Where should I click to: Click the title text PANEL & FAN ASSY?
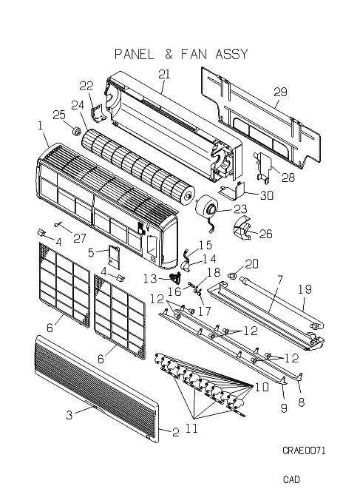(x=181, y=54)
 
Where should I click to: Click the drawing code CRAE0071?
(x=304, y=450)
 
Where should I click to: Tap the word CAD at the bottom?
(x=291, y=479)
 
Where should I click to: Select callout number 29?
(x=280, y=92)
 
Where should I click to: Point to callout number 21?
(x=164, y=74)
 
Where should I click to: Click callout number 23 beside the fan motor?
(x=240, y=209)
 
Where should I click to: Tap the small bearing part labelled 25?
(x=77, y=131)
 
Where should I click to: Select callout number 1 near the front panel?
(x=41, y=126)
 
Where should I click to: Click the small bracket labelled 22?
(x=98, y=114)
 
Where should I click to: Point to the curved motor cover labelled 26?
(x=242, y=228)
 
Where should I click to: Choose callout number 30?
(x=266, y=195)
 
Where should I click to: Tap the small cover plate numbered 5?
(x=114, y=256)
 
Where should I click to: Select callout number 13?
(x=149, y=278)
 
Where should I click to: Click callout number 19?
(x=305, y=289)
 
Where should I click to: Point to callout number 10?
(x=262, y=387)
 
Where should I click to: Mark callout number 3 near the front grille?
(x=69, y=415)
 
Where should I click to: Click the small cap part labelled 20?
(x=231, y=275)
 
